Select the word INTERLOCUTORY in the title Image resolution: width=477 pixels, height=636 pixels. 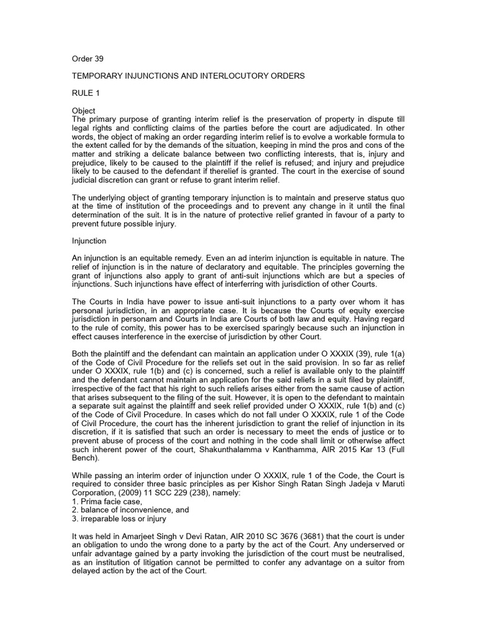click(242, 76)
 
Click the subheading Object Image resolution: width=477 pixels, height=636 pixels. click(84, 111)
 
